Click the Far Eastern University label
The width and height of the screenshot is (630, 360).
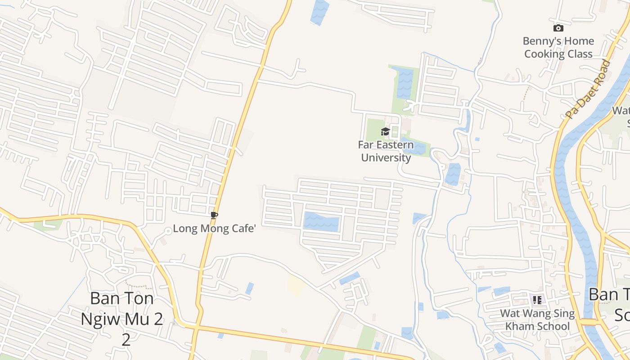[386, 151]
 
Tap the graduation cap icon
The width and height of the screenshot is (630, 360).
[385, 131]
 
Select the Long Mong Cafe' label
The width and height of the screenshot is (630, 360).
[214, 229]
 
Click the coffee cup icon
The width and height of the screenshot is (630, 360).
[214, 216]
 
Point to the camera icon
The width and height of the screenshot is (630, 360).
[558, 28]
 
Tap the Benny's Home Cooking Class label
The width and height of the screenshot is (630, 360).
[558, 47]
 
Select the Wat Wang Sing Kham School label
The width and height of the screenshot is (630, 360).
[537, 319]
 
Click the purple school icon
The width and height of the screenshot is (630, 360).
[537, 300]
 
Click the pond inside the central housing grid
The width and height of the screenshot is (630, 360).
[321, 222]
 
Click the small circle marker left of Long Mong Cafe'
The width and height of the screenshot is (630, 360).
[168, 231]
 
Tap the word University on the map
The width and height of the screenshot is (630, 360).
[386, 157]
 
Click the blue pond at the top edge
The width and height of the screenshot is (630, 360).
[319, 11]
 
